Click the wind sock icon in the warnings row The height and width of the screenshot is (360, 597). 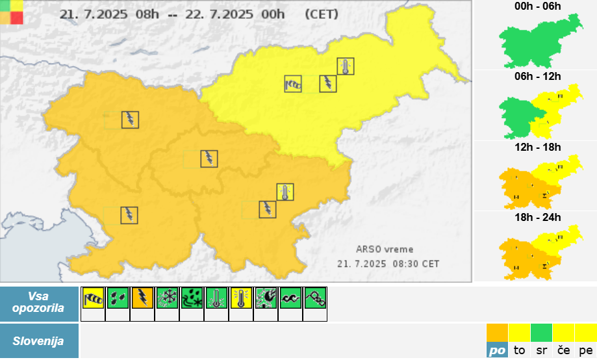pos(93,298)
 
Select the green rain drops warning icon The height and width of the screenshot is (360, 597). pos(118,298)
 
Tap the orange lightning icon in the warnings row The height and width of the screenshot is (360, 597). pos(142,298)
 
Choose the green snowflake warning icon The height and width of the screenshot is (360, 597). pos(167,298)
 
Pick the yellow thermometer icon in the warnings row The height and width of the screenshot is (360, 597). pos(241,298)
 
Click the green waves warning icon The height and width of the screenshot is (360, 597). pos(290,298)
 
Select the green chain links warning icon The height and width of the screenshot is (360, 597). pos(315,298)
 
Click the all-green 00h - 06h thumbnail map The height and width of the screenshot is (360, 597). pos(539,42)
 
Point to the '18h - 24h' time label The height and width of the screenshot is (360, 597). pos(537,218)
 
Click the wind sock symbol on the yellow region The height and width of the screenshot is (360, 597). pos(293,84)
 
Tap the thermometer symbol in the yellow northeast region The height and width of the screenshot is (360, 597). pos(346,66)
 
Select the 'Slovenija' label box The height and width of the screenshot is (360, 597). pos(38,341)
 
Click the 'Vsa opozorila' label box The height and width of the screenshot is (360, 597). pos(38,303)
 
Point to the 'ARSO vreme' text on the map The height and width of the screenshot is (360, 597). pos(385,249)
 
